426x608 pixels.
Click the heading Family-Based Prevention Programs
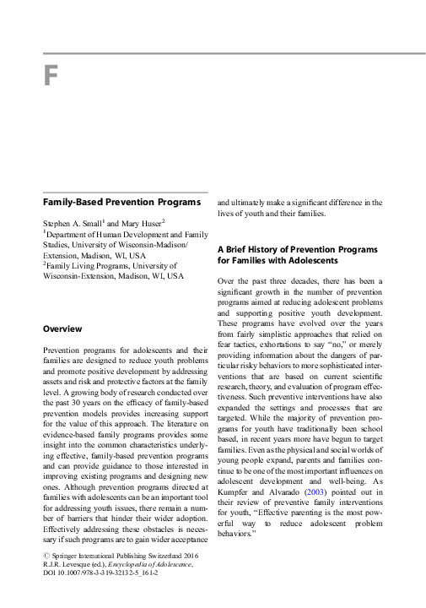click(121, 203)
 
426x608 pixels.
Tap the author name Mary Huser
click(143, 221)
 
